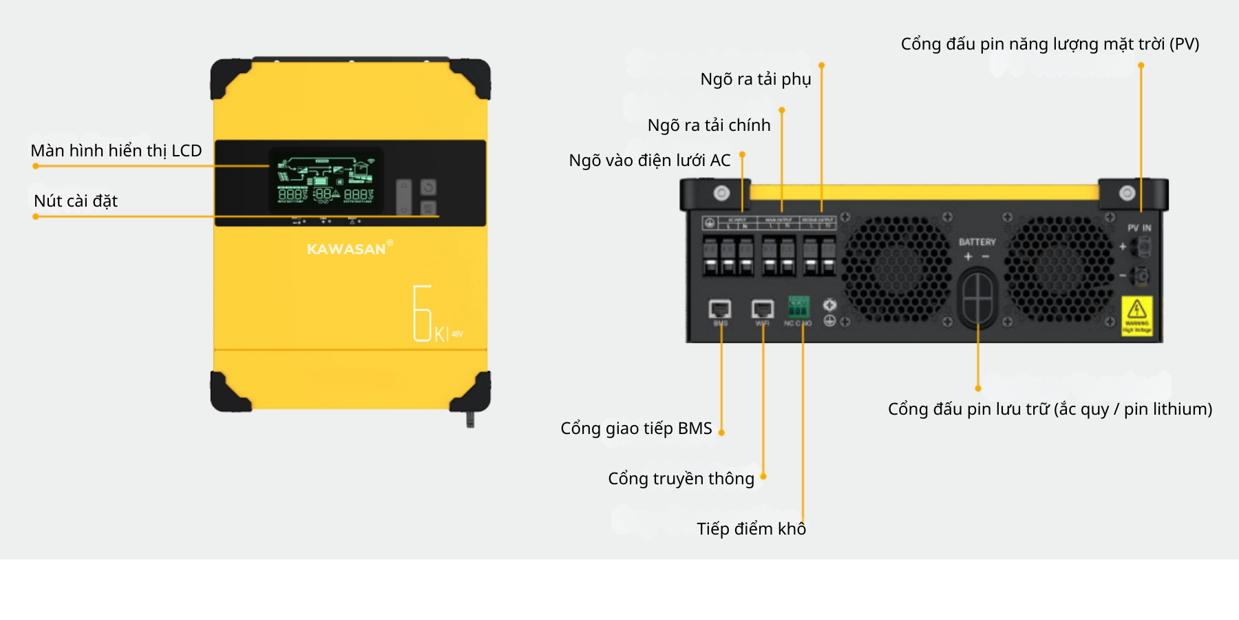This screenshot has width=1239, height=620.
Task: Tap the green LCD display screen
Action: [326, 180]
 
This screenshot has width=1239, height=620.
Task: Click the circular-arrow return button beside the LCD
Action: [428, 187]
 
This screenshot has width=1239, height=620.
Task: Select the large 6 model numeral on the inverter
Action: [422, 313]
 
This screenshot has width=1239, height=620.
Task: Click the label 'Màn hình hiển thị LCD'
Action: [116, 151]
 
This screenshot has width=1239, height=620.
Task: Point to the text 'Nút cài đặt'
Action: [76, 201]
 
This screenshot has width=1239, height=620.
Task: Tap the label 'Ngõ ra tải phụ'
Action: [755, 79]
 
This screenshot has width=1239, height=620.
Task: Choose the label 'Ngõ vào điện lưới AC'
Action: [649, 161]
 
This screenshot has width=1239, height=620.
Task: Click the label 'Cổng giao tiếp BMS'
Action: [636, 428]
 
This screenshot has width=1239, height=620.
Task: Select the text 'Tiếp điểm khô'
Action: [751, 529]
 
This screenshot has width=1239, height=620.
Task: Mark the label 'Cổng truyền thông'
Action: [681, 479]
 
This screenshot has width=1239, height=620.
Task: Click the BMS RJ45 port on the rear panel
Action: [720, 309]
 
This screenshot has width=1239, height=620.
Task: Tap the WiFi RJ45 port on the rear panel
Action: [762, 309]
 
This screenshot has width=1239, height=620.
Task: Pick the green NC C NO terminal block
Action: [798, 307]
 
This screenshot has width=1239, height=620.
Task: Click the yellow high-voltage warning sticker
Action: [1137, 316]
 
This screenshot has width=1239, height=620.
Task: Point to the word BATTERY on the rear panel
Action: [977, 242]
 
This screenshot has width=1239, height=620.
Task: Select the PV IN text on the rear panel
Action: [1139, 228]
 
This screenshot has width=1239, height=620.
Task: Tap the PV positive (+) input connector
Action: [1143, 246]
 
